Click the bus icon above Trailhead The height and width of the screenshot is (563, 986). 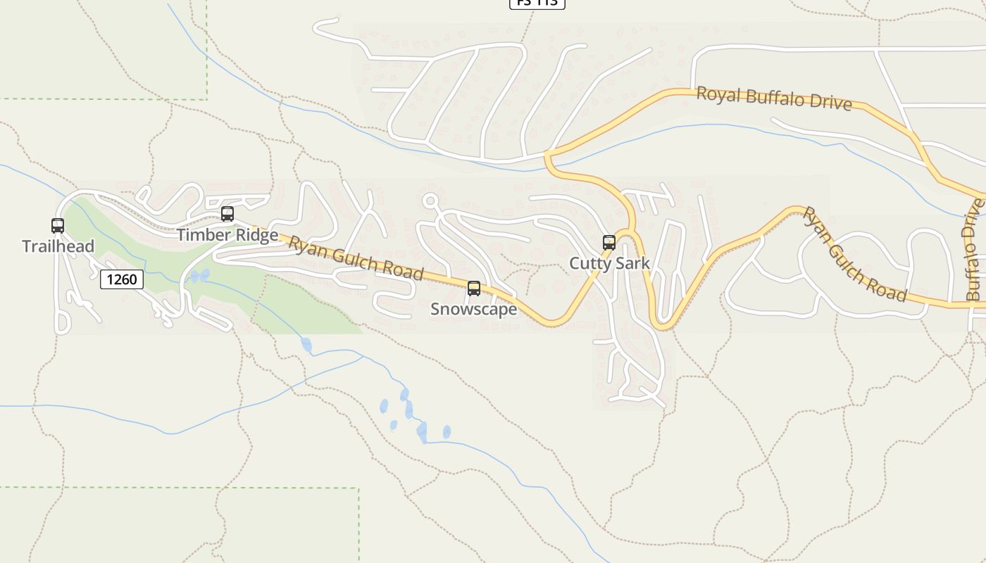click(x=58, y=226)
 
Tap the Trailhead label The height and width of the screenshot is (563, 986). click(x=58, y=246)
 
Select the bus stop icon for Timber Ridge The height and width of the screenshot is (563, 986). click(x=227, y=214)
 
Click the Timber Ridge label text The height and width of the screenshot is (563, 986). click(x=227, y=235)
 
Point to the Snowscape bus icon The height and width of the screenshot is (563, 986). click(x=474, y=289)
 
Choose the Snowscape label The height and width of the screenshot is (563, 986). click(x=473, y=310)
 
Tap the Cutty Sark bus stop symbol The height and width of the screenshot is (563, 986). click(x=609, y=243)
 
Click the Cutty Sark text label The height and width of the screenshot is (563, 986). click(x=609, y=264)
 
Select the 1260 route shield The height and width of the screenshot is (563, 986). click(x=122, y=279)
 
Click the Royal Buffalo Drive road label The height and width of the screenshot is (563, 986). click(x=774, y=99)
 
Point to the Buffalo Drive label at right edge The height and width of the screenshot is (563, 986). click(x=973, y=251)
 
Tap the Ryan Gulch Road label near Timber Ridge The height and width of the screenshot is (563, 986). click(x=356, y=258)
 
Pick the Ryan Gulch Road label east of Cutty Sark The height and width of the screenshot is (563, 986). click(x=854, y=254)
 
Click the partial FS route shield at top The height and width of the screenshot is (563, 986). click(x=537, y=3)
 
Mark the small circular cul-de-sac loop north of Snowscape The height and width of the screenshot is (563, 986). click(x=430, y=201)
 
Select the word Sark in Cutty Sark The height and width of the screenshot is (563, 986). click(x=632, y=264)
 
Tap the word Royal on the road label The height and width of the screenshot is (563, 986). click(x=719, y=94)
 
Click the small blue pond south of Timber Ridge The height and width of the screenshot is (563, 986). click(x=199, y=275)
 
